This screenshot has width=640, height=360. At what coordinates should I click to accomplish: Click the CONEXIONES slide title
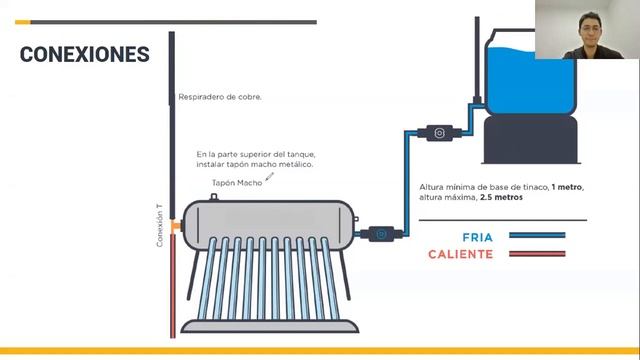point(84,54)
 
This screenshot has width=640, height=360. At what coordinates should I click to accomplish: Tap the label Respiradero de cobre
point(220,97)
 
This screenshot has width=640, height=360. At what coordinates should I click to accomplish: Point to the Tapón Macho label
point(237,183)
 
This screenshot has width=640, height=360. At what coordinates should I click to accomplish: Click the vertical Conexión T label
point(160,225)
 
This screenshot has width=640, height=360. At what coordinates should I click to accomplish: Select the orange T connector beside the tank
point(176,226)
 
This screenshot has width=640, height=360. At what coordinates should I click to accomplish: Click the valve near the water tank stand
point(439,133)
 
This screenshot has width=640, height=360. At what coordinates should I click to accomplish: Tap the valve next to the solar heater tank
point(381,234)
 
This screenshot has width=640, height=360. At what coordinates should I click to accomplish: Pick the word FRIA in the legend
point(478,237)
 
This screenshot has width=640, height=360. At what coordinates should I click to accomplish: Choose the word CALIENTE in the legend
point(460,254)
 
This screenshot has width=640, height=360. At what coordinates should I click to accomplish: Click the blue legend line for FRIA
point(537,235)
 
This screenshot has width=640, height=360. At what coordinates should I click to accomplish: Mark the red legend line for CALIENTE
point(537,254)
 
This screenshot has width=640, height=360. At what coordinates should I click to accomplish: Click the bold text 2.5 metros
point(501,197)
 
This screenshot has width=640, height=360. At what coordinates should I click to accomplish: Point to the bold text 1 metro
point(567,187)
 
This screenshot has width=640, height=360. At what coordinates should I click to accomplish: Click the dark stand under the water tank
point(531,140)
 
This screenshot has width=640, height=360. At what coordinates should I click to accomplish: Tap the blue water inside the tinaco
point(531,82)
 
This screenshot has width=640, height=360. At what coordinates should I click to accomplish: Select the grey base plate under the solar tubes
point(270,326)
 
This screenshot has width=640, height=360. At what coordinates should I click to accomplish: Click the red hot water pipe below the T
point(173,285)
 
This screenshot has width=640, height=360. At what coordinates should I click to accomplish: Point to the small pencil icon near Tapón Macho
point(269,176)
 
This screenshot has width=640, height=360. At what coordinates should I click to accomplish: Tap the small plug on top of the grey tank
point(213,197)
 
